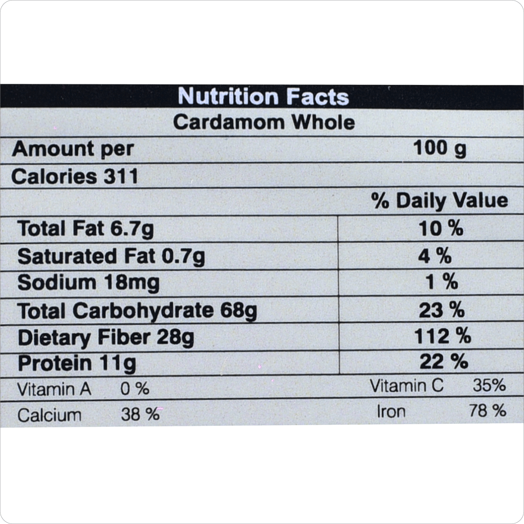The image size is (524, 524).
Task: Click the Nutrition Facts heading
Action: coord(264,97)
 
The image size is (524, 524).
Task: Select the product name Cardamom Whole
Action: coord(264,122)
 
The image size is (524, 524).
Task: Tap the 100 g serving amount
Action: coord(440,149)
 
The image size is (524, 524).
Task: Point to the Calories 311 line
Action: coord(75,177)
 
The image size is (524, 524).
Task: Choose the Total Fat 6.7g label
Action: coord(85,229)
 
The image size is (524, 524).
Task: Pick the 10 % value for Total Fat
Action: coord(441,229)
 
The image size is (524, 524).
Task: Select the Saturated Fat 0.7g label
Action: coord(111,256)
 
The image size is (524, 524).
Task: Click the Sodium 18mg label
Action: coord(88,282)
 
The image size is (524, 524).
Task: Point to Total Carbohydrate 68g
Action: coord(137,311)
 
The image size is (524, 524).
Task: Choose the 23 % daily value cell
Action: coord(442,310)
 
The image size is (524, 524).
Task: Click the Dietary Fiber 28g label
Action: coord(106,338)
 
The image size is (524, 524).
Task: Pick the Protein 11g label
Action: coord(77,364)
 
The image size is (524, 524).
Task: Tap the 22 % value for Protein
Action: coord(443,362)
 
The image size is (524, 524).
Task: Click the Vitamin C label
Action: coord(407,386)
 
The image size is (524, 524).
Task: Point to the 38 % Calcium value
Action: coord(140,414)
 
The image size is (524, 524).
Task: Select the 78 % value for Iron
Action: coord(488,410)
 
